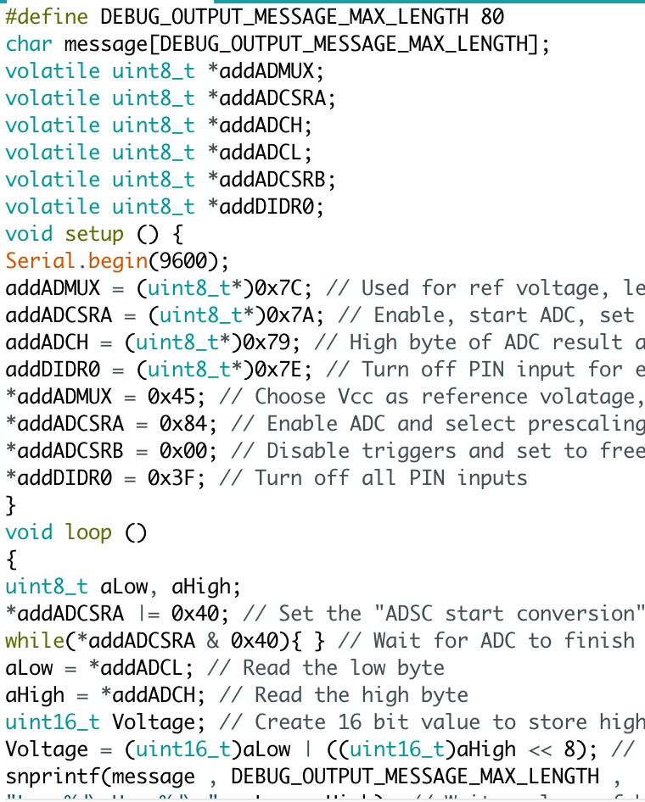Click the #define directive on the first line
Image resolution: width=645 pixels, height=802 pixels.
click(x=47, y=17)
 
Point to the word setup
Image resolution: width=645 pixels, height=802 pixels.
click(x=94, y=234)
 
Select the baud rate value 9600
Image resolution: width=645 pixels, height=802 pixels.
click(x=188, y=261)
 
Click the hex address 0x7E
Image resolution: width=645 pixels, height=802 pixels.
click(x=296, y=370)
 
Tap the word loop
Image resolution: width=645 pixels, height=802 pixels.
click(x=88, y=532)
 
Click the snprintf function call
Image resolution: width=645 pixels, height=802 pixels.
click(x=47, y=777)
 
